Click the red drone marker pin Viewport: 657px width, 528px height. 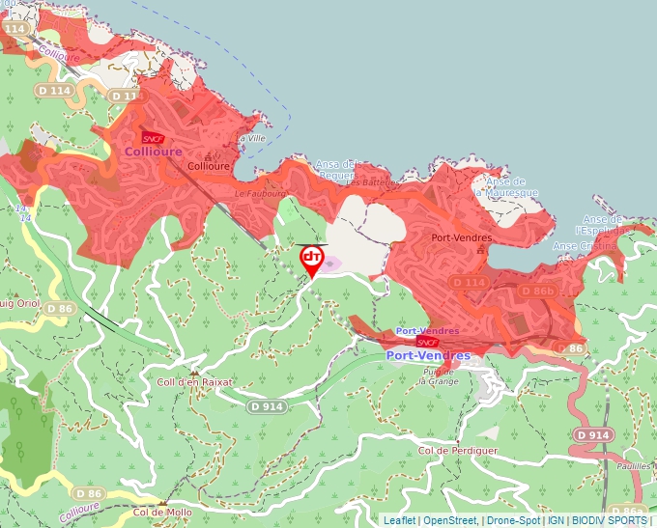pos(312,259)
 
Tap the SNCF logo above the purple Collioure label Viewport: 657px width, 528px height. pos(153,138)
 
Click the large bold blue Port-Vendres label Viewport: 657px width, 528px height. pos(428,355)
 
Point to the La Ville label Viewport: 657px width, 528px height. pos(251,138)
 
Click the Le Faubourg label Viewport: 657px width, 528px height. pos(256,193)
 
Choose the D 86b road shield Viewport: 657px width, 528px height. pos(538,291)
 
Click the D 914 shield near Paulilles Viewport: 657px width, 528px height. pos(592,435)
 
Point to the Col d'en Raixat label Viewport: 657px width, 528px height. pos(194,382)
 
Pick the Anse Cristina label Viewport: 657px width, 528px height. pos(583,246)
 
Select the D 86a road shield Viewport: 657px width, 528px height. pos(627,511)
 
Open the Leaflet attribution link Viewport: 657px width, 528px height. pos(400,520)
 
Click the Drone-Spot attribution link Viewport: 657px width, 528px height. pos(513,520)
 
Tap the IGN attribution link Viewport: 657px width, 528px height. pos(556,520)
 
